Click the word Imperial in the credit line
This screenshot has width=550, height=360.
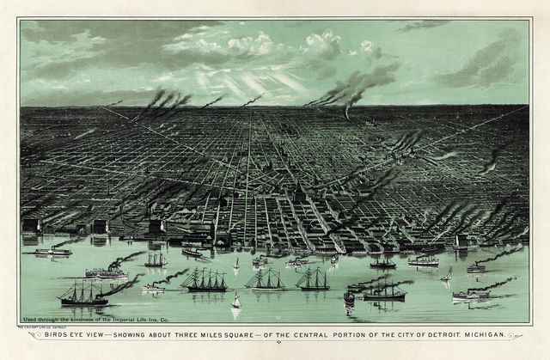pyautogui.click(x=143, y=319)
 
